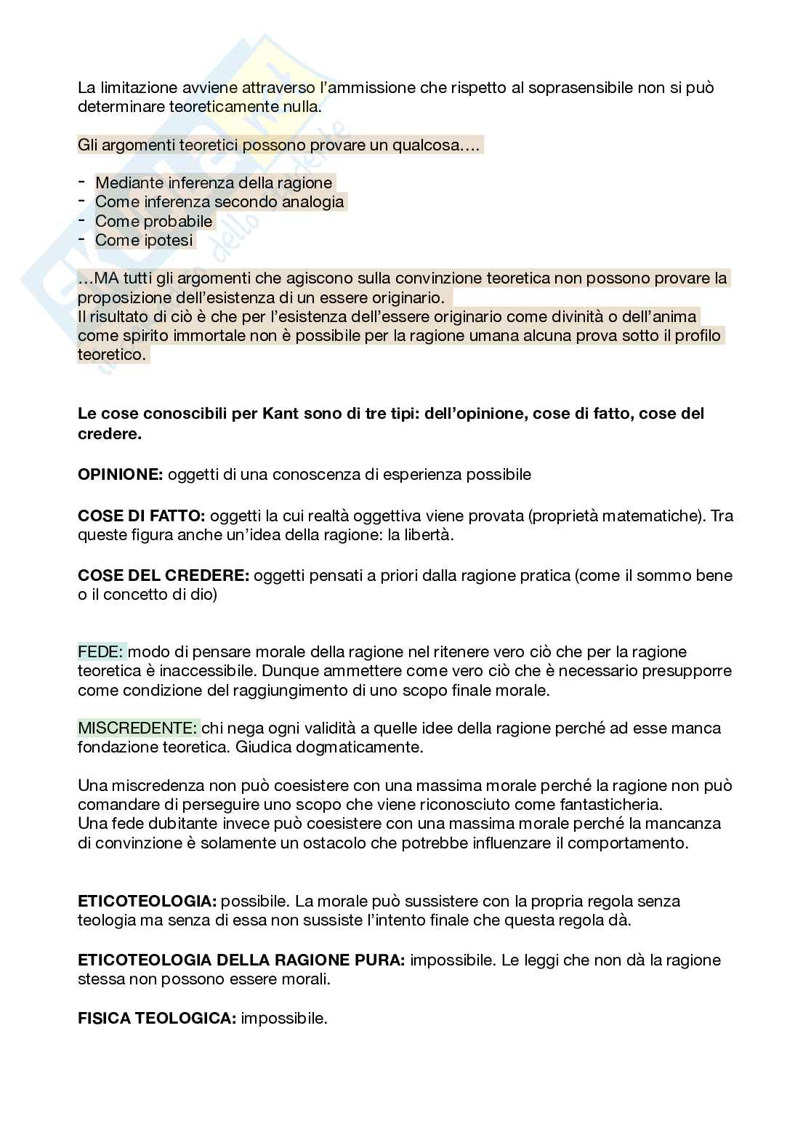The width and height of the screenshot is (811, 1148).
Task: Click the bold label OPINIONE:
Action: [121, 475]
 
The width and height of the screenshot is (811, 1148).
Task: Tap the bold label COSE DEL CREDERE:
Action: [164, 576]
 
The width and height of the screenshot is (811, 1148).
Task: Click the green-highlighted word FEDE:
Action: [102, 651]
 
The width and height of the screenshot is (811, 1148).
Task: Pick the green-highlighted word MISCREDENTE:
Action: [137, 728]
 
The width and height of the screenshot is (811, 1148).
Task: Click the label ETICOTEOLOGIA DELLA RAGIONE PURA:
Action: [241, 960]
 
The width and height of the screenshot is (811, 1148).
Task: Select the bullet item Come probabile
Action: [154, 221]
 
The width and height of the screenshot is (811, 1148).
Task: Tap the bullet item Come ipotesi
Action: [145, 240]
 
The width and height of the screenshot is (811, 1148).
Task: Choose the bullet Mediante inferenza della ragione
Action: [214, 182]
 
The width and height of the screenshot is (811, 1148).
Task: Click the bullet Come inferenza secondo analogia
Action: [219, 201]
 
